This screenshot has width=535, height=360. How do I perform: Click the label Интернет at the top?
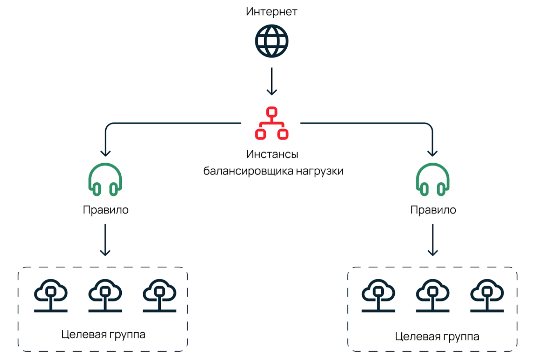click(272, 12)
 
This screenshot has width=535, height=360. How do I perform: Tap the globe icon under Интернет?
click(272, 41)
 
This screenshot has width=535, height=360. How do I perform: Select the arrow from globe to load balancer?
click(272, 81)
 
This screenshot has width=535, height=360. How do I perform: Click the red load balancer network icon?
click(272, 123)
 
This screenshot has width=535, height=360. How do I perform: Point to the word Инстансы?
click(272, 154)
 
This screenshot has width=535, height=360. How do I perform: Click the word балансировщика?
click(249, 171)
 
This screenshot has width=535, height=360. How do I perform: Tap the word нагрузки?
click(320, 171)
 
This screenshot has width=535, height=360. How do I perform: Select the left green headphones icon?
click(105, 179)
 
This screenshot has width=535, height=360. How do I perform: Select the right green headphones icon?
click(433, 179)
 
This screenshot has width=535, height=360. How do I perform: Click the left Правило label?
click(106, 210)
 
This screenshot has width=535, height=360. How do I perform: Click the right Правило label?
click(433, 210)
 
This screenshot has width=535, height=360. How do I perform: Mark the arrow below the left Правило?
click(105, 240)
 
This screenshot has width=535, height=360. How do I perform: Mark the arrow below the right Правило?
click(433, 240)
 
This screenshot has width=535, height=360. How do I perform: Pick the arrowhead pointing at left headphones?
click(106, 153)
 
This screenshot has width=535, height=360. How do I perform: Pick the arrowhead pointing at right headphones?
click(432, 153)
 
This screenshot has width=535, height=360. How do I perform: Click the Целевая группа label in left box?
click(103, 334)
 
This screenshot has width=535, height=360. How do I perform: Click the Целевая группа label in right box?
click(437, 337)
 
